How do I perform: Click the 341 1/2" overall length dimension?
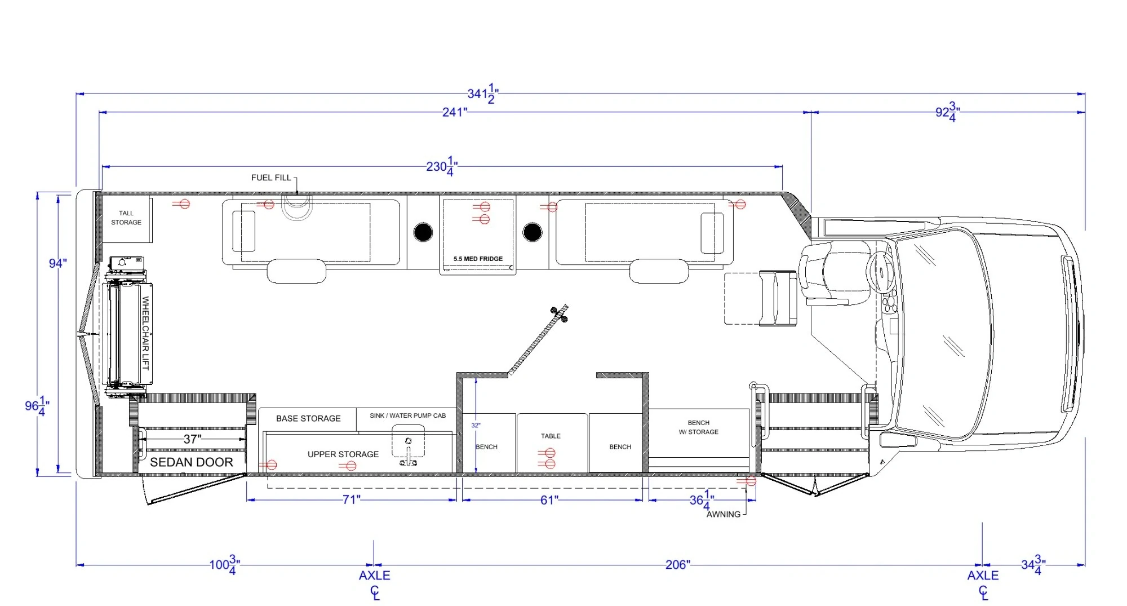pyautogui.click(x=482, y=94)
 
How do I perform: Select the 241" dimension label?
pyautogui.click(x=454, y=112)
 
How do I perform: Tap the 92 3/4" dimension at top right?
pyautogui.click(x=947, y=112)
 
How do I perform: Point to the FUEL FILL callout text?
pyautogui.click(x=271, y=178)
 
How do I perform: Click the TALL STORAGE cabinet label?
pyautogui.click(x=126, y=218)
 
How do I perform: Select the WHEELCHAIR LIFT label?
pyautogui.click(x=145, y=333)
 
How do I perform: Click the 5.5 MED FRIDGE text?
pyautogui.click(x=478, y=259)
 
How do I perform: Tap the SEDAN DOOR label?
pyautogui.click(x=192, y=462)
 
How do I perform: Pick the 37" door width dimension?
pyautogui.click(x=192, y=439)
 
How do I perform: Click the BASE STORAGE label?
pyautogui.click(x=308, y=418)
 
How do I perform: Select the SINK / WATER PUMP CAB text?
pyautogui.click(x=407, y=415)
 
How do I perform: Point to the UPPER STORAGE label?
pyautogui.click(x=343, y=454)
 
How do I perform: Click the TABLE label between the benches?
pyautogui.click(x=551, y=436)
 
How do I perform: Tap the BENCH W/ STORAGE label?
pyautogui.click(x=698, y=427)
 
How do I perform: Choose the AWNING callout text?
pyautogui.click(x=724, y=514)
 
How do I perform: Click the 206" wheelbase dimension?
pyautogui.click(x=677, y=564)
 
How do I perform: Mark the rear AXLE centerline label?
pyautogui.click(x=374, y=576)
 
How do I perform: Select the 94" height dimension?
pyautogui.click(x=57, y=263)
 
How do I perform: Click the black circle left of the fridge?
pyautogui.click(x=423, y=232)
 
